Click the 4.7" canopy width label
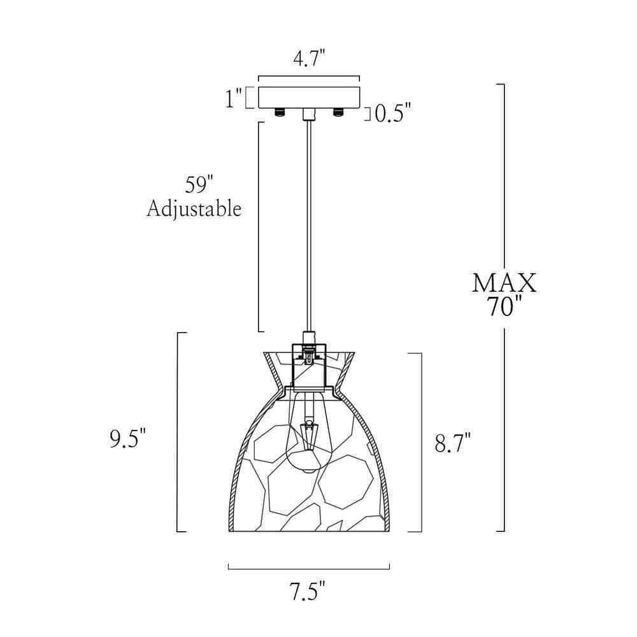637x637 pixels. click(309, 59)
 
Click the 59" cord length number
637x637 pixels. click(199, 185)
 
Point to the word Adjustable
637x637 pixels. click(194, 209)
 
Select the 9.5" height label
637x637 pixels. click(127, 438)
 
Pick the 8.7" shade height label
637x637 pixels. click(452, 443)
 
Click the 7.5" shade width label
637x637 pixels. click(308, 591)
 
